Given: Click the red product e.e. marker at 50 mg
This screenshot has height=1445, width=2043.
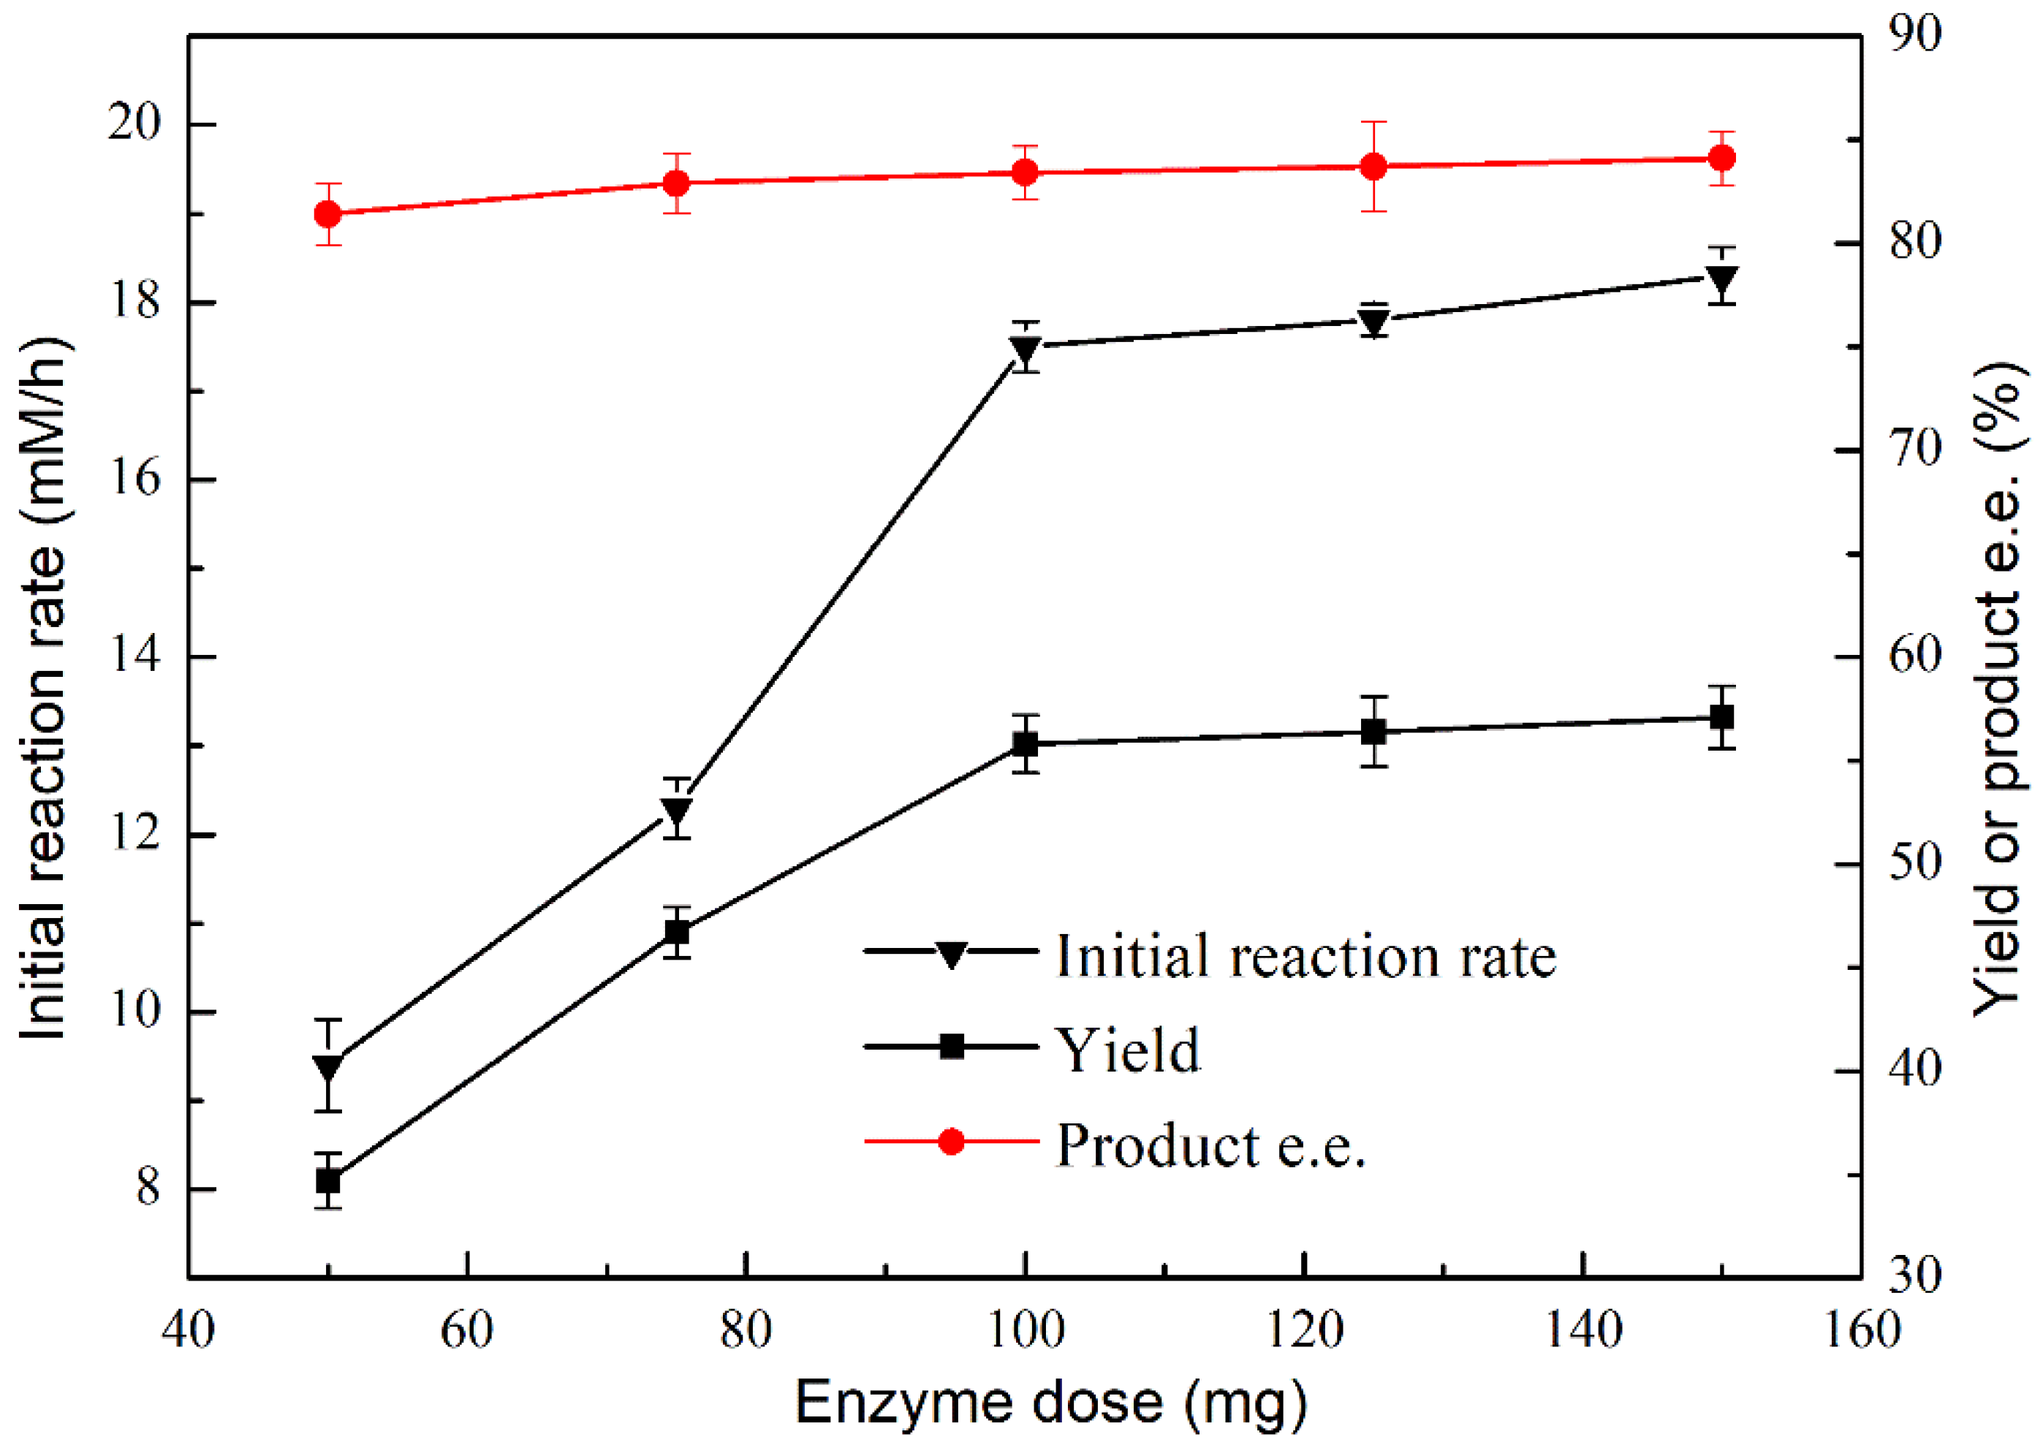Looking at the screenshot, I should pyautogui.click(x=328, y=214).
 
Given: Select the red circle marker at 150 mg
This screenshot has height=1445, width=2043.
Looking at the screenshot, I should pyautogui.click(x=1723, y=159).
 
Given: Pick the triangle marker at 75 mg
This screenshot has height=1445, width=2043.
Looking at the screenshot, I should pyautogui.click(x=677, y=810).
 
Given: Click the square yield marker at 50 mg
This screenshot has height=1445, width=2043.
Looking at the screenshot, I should pyautogui.click(x=328, y=1180).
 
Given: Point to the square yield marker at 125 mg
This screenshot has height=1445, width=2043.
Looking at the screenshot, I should pyautogui.click(x=1375, y=732).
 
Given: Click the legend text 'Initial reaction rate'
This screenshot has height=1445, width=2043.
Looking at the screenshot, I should pyautogui.click(x=1306, y=957).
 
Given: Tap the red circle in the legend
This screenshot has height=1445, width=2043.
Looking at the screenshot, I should pyautogui.click(x=951, y=1142).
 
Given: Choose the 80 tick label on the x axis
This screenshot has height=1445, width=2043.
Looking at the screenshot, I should pyautogui.click(x=746, y=1332).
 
